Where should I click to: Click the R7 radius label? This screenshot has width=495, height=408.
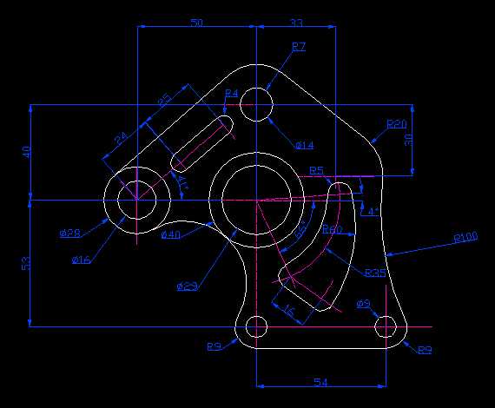(299, 46)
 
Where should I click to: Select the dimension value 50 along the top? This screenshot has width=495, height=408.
(196, 22)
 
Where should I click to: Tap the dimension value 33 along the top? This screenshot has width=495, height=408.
(296, 22)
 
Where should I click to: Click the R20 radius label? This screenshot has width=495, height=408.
(397, 123)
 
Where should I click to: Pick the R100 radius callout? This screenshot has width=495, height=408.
(466, 237)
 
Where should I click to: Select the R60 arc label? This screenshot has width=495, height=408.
(332, 230)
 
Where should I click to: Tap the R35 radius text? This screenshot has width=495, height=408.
(375, 273)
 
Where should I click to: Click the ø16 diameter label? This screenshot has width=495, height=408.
(82, 260)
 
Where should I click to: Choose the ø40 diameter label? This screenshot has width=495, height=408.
(170, 234)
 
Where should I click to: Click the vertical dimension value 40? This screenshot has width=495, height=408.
(26, 152)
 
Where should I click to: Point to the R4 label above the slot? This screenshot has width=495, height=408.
(231, 93)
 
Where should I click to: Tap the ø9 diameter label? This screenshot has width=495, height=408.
(364, 304)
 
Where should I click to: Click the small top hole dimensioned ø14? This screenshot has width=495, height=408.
(256, 105)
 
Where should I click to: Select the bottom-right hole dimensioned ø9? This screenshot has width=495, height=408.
(386, 327)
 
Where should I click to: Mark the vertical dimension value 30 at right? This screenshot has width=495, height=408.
(407, 139)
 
